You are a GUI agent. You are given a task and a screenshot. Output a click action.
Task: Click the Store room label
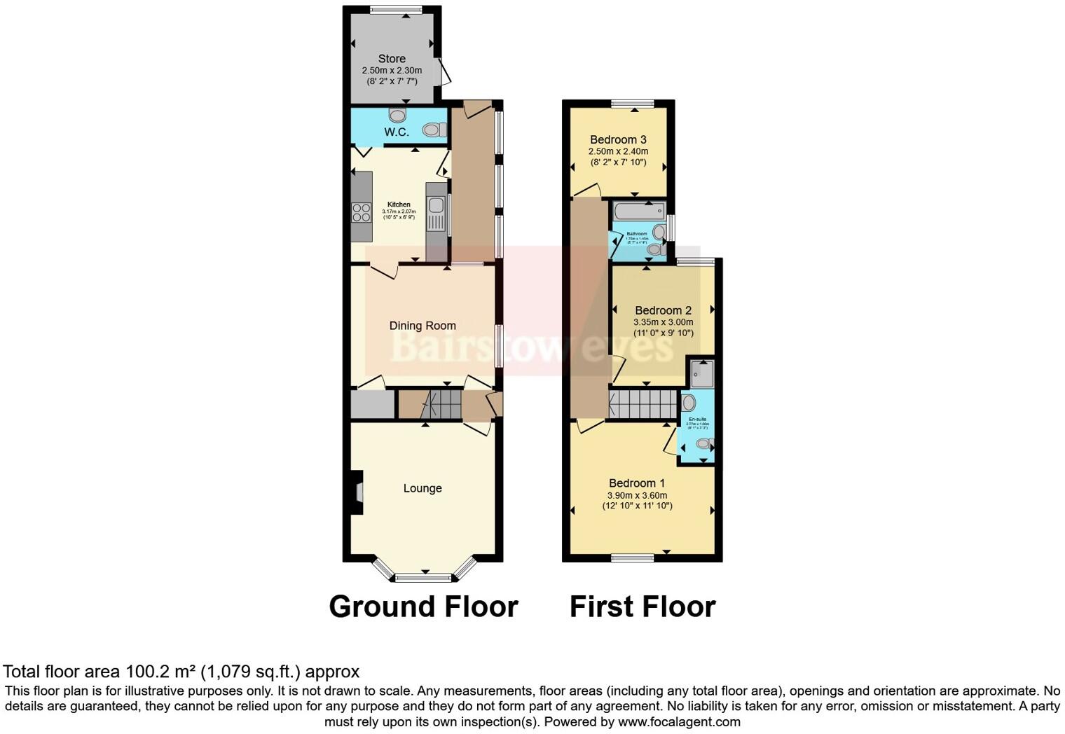click(392, 59)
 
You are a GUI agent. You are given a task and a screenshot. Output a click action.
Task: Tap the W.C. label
click(396, 132)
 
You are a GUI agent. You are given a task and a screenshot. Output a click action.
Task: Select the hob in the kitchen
click(362, 212)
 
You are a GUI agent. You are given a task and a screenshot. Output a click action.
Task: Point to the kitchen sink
click(436, 214)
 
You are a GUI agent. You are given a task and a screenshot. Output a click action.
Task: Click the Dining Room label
click(422, 326)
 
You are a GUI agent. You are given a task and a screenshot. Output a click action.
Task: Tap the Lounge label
click(422, 488)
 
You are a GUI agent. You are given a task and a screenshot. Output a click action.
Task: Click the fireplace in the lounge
click(358, 493)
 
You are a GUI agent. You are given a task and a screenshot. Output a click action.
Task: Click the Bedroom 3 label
click(618, 139)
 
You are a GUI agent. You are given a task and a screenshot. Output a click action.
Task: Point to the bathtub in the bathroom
click(638, 210)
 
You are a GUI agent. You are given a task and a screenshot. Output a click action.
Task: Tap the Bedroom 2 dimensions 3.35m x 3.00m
click(663, 322)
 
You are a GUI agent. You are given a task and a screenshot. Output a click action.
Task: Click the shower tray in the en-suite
click(701, 374)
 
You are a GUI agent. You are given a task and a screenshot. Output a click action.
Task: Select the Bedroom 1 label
click(637, 483)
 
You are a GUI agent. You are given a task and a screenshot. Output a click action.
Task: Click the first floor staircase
click(643, 404)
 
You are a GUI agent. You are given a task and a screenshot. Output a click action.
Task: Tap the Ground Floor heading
click(423, 607)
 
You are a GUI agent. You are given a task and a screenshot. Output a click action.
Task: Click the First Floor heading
click(643, 607)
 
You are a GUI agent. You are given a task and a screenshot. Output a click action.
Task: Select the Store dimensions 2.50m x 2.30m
click(392, 70)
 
